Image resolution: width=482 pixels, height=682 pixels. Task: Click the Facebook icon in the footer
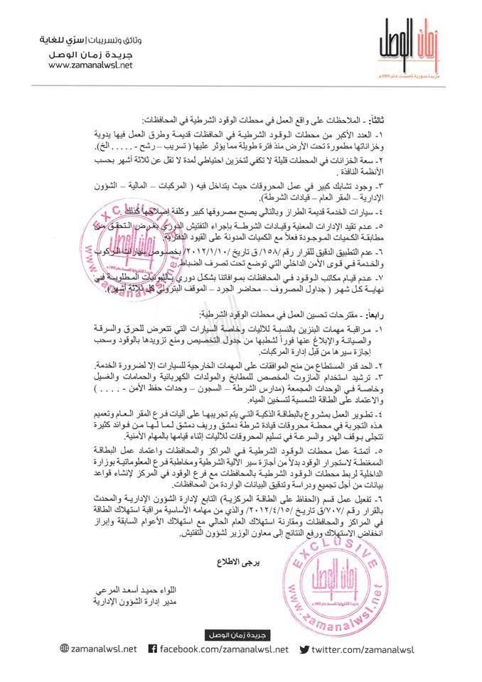pyautogui.click(x=151, y=648)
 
